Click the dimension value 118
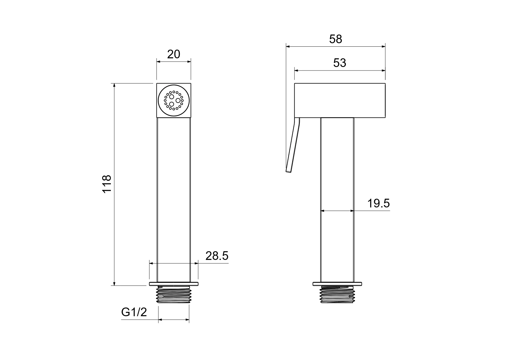click(x=107, y=184)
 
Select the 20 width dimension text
click(x=174, y=54)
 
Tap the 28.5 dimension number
click(x=217, y=256)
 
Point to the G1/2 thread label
click(x=134, y=312)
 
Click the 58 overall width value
click(x=335, y=39)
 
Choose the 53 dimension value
click(x=340, y=63)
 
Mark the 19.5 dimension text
click(x=378, y=203)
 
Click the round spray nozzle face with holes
click(x=174, y=100)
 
